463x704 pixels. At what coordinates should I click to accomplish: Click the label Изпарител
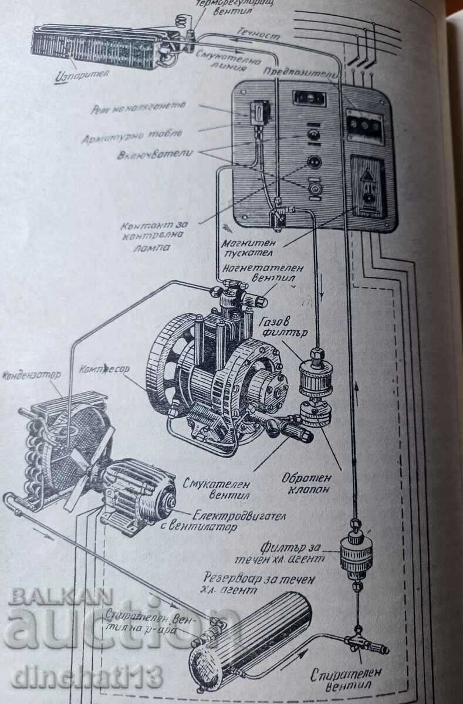(x=78, y=77)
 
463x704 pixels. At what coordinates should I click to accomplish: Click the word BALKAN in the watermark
(x=60, y=596)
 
